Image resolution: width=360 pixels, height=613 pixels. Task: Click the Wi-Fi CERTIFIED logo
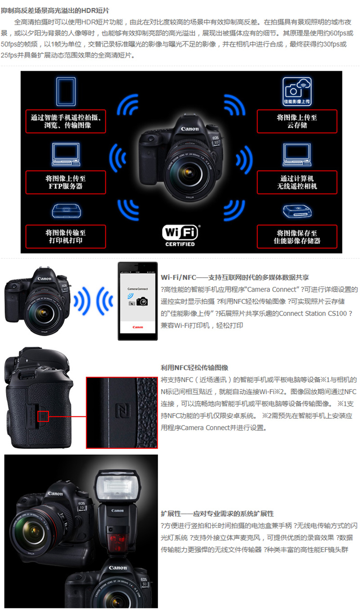pyautogui.click(x=180, y=236)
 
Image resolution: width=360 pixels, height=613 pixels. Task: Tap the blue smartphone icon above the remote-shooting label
pyautogui.click(x=66, y=91)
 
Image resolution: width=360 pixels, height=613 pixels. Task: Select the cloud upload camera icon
pyautogui.click(x=297, y=91)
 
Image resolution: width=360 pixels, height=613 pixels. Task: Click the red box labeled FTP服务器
pyautogui.click(x=66, y=182)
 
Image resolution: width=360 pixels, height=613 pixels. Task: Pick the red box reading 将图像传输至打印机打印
pyautogui.click(x=66, y=236)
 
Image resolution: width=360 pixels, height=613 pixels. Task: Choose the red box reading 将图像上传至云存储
pyautogui.click(x=297, y=121)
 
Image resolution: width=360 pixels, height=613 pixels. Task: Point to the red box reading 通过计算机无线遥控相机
pyautogui.click(x=297, y=182)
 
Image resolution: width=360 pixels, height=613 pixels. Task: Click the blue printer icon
pyautogui.click(x=66, y=211)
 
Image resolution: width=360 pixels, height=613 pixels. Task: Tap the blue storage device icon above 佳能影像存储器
pyautogui.click(x=297, y=211)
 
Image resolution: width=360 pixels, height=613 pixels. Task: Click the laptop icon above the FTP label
pyautogui.click(x=66, y=154)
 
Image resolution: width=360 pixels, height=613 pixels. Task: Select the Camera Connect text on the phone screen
pyautogui.click(x=138, y=288)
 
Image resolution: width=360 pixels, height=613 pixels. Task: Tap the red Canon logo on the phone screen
pyautogui.click(x=138, y=327)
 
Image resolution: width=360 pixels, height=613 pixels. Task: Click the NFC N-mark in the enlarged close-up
pyautogui.click(x=122, y=410)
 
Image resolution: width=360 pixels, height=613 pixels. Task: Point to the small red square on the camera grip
pyautogui.click(x=43, y=416)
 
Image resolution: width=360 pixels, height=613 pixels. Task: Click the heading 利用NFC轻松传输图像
pyautogui.click(x=194, y=368)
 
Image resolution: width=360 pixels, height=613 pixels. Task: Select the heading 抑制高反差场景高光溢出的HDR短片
pyautogui.click(x=55, y=10)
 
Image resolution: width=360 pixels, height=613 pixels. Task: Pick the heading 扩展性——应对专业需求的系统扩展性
pyautogui.click(x=217, y=514)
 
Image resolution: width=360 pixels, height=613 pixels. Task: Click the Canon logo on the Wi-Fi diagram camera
pyautogui.click(x=190, y=129)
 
